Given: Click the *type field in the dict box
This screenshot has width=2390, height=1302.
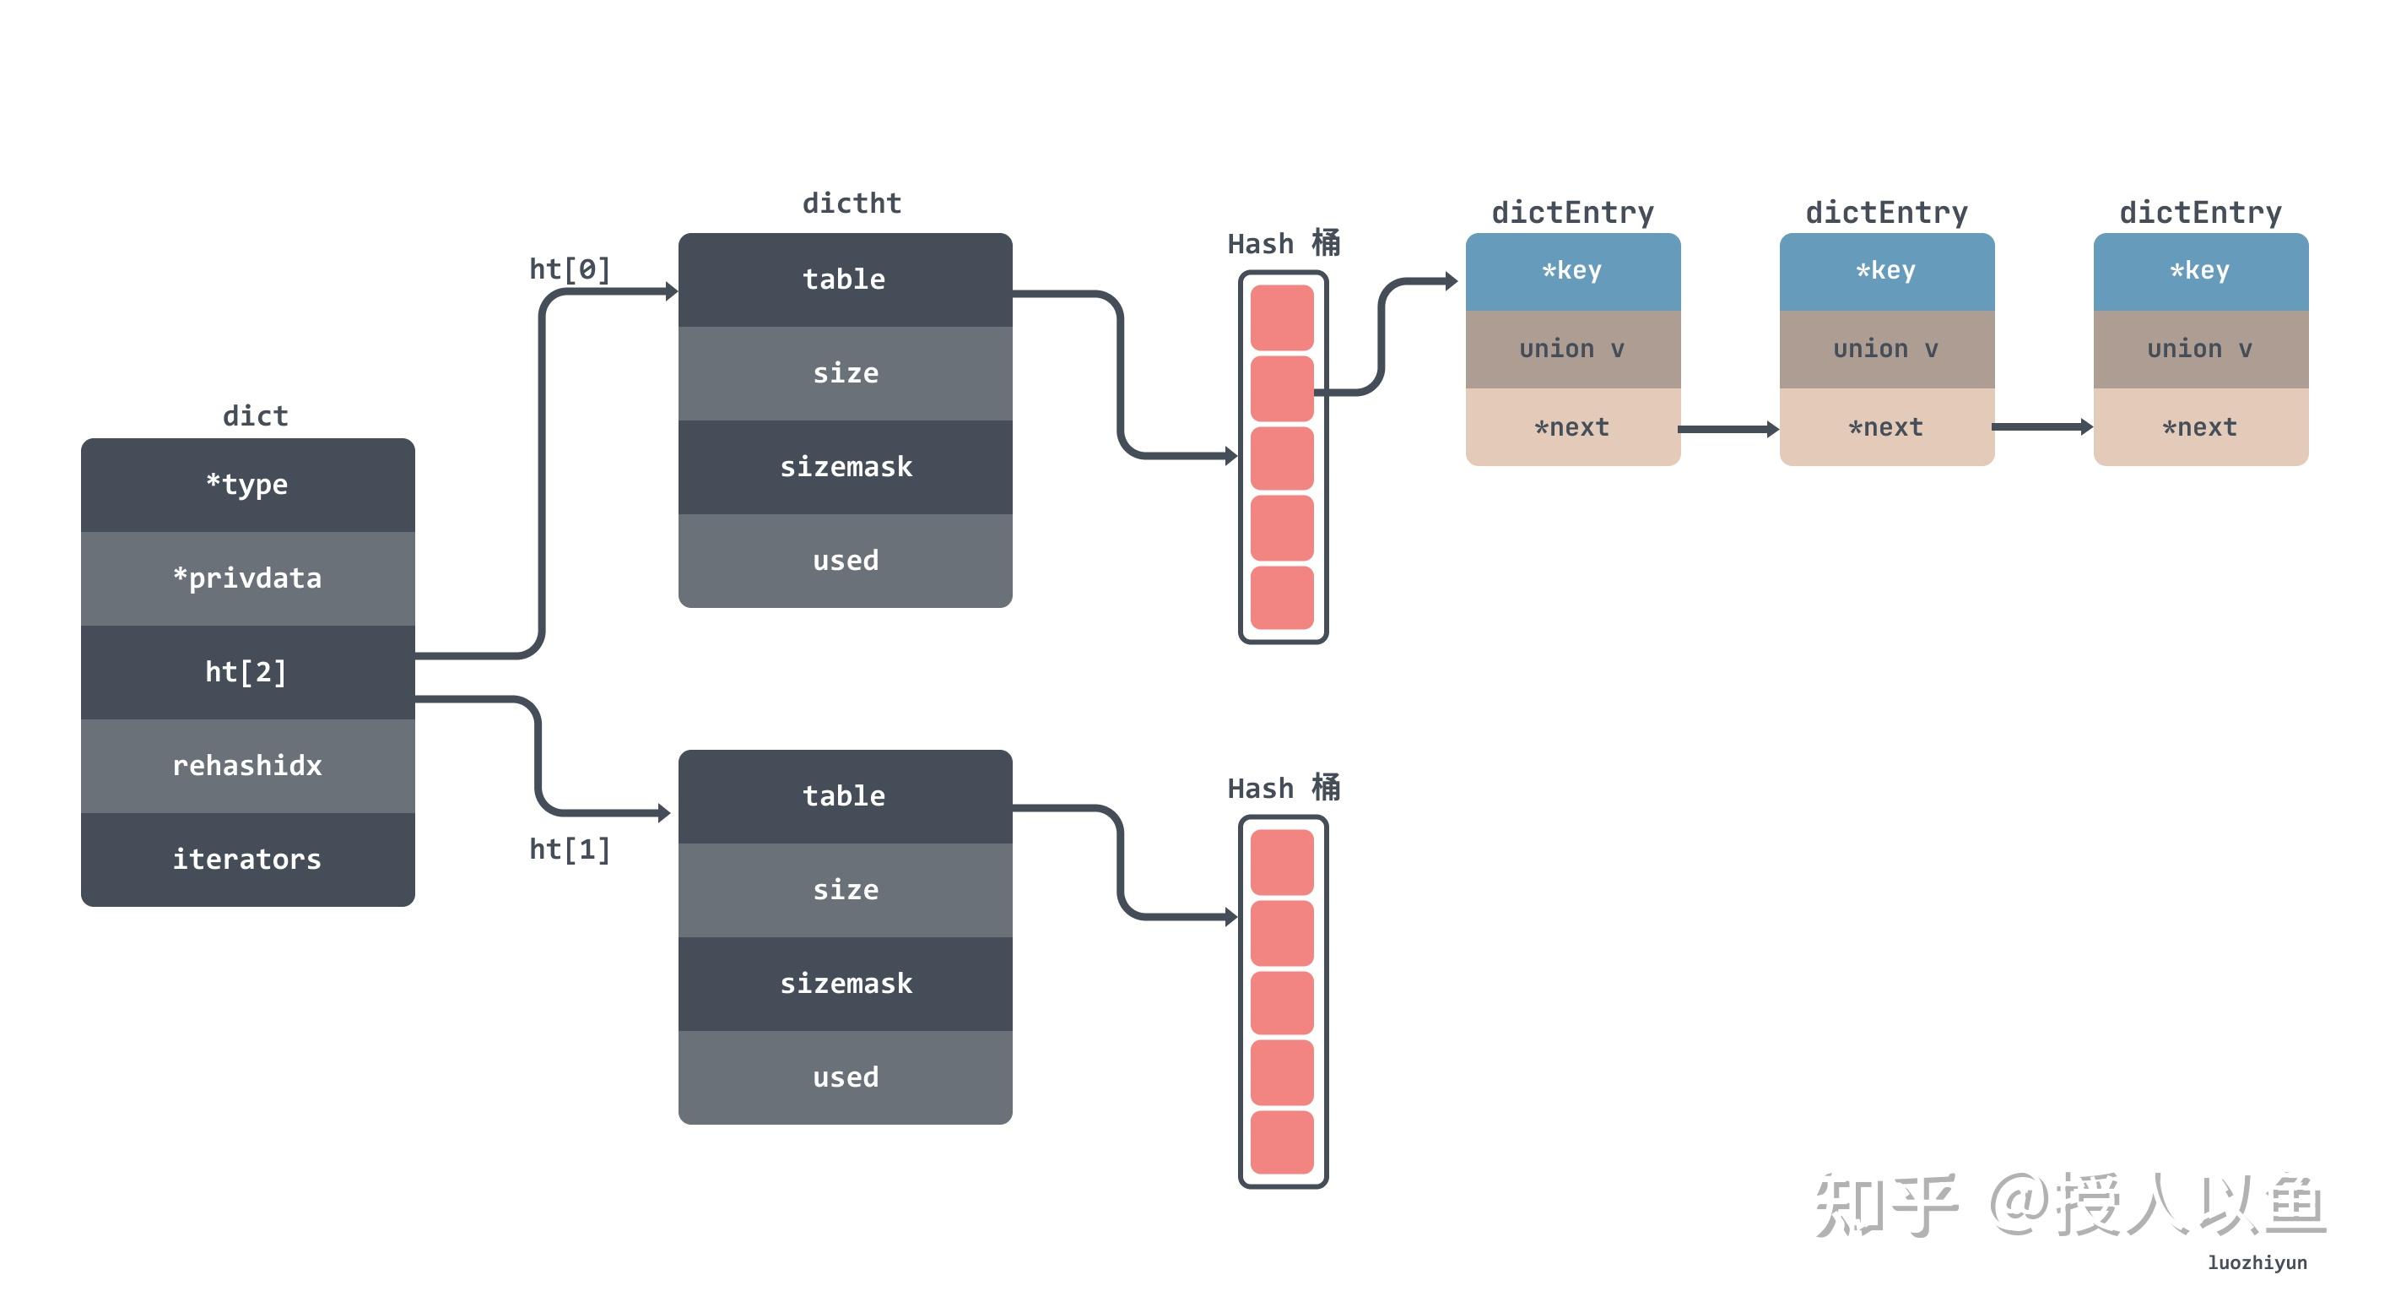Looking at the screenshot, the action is tap(248, 485).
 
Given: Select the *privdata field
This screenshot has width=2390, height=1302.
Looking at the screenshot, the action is tap(248, 578).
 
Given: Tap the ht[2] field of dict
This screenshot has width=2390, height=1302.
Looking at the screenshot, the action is tap(248, 672).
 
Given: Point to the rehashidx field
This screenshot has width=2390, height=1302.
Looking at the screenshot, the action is tap(248, 766).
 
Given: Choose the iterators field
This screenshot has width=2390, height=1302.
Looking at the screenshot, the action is tap(248, 860).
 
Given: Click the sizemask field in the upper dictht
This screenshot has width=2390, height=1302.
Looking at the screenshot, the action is tap(846, 467).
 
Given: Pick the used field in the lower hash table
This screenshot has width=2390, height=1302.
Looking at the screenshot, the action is tap(846, 1077).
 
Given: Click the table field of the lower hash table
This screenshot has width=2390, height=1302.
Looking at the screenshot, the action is tap(846, 796).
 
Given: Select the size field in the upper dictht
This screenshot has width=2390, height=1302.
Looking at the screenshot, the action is tap(846, 373).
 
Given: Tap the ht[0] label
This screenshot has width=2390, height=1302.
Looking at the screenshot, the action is tap(570, 269).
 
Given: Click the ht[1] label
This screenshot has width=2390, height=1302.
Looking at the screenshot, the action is tap(570, 849).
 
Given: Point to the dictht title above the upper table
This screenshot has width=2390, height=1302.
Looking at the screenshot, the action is tap(852, 203).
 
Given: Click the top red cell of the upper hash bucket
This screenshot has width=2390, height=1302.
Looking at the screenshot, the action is tap(1282, 317).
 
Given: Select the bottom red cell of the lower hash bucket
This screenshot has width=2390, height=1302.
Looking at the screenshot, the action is tap(1282, 1142).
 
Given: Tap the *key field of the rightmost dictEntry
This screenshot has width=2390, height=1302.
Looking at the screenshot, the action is tap(2201, 271).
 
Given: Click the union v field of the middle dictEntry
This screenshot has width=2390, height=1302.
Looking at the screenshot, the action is tap(1887, 350).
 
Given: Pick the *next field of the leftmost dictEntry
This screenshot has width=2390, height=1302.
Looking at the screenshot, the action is tap(1572, 427).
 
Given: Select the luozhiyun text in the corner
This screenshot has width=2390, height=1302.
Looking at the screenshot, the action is tap(2258, 1263).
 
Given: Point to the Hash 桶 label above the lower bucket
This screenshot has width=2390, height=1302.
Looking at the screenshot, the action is tap(1284, 788).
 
